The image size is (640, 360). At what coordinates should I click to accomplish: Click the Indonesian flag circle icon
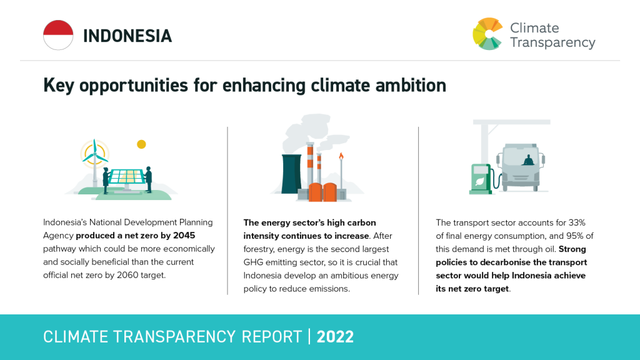tap(58, 35)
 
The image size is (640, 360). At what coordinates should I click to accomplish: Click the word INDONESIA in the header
tap(127, 36)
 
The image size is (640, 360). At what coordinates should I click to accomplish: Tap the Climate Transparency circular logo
tap(487, 34)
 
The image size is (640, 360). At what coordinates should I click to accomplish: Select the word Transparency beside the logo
tap(552, 43)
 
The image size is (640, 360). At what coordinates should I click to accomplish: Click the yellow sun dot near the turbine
tap(141, 144)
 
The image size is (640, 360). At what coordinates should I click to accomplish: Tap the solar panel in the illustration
tap(126, 177)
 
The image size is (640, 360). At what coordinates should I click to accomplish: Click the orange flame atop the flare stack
tap(341, 156)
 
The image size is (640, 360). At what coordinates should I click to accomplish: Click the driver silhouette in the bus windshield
tap(528, 161)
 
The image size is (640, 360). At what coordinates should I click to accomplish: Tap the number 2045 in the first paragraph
tap(184, 236)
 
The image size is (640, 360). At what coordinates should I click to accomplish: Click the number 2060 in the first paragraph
tap(127, 275)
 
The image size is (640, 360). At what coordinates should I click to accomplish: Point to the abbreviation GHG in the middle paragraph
tap(254, 262)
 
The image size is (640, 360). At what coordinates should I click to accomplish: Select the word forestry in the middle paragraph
tap(259, 249)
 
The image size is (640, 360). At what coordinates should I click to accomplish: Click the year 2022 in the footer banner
tap(335, 337)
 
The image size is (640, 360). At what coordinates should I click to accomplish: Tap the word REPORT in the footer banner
tap(271, 337)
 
